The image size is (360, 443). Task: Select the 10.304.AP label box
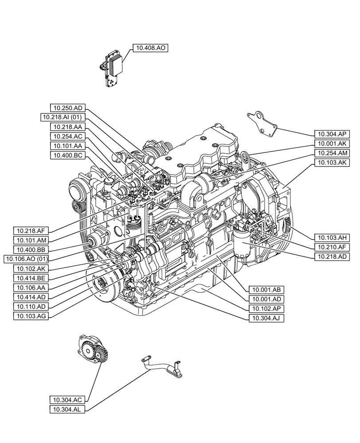tap(332, 134)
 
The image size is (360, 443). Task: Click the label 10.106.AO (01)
tap(26, 259)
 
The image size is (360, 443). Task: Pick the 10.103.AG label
tap(31, 316)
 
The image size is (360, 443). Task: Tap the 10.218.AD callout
tap(332, 256)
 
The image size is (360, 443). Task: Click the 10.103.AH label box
tap(332, 237)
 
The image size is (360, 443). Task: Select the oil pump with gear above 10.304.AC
tap(91, 353)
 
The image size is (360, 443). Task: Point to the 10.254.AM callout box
tap(332, 153)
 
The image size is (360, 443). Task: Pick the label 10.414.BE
tap(31, 278)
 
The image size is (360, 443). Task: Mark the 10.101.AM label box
tap(31, 240)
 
